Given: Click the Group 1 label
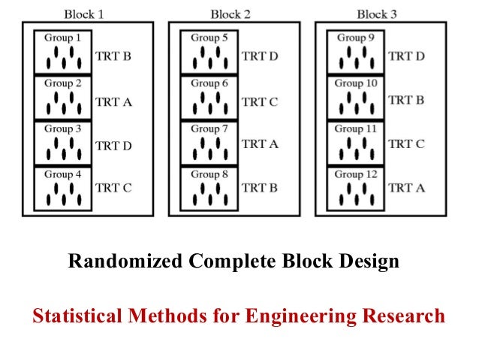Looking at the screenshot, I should [x=63, y=38].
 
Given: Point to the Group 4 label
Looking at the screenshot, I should [x=63, y=174].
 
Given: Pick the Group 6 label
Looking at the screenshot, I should [x=209, y=83].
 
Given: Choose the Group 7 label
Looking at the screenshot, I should [x=209, y=129].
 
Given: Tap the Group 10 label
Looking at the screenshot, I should [x=356, y=83].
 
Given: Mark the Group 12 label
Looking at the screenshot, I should [x=356, y=174].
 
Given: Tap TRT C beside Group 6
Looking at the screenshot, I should [x=259, y=101].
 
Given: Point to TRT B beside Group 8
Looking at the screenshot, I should [x=259, y=187].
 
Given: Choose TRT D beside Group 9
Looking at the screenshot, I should [x=406, y=56].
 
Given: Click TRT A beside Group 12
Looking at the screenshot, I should [x=406, y=187].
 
